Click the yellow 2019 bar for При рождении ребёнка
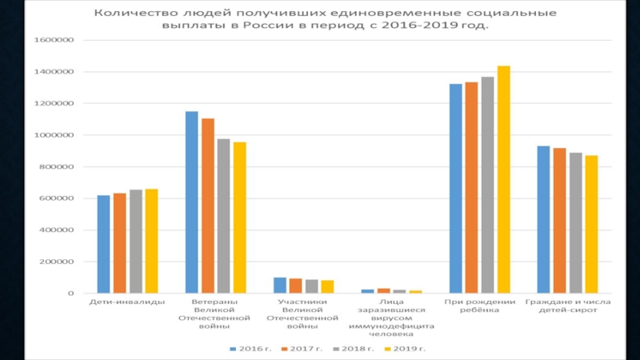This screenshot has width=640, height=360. pyautogui.click(x=503, y=180)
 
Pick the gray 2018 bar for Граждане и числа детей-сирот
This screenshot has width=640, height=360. pyautogui.click(x=575, y=223)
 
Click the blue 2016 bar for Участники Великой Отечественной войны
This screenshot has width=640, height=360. pyautogui.click(x=280, y=286)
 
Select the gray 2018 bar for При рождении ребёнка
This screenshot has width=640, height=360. pyautogui.click(x=487, y=186)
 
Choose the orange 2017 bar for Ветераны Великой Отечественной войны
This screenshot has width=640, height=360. pyautogui.click(x=208, y=206)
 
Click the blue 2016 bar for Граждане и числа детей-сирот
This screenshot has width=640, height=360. pyautogui.click(x=543, y=220)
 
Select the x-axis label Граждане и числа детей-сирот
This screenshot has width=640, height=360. pyautogui.click(x=567, y=306)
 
